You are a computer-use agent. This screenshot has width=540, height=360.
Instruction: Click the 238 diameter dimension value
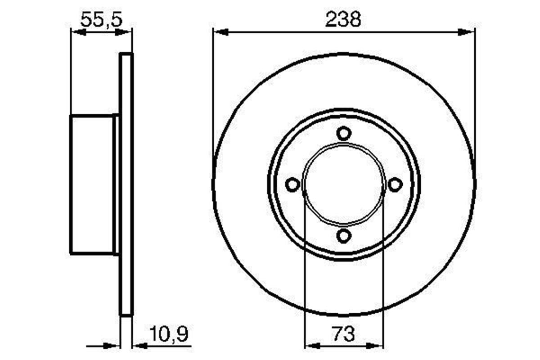(x=344, y=19)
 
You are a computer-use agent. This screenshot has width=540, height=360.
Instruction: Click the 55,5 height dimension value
(x=101, y=19)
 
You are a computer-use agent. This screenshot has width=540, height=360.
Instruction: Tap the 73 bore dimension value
(x=344, y=334)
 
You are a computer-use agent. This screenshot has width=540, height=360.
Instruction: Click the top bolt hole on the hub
(x=344, y=134)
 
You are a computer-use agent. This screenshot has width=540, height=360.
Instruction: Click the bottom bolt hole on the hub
(x=344, y=235)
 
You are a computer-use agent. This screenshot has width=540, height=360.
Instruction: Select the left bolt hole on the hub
(x=293, y=184)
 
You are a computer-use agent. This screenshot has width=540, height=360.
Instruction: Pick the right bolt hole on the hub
(x=395, y=184)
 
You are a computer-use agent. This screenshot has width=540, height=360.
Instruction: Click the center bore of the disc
(x=344, y=184)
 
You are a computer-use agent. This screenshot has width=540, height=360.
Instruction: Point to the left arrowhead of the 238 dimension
(x=220, y=32)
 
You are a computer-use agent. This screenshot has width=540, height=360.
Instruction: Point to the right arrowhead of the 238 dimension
(x=467, y=32)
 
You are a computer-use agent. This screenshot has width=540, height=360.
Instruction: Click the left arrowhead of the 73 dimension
(x=312, y=346)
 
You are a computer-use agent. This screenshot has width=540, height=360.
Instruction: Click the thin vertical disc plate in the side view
(x=126, y=184)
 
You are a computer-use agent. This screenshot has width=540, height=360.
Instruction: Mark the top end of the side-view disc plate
(x=126, y=54)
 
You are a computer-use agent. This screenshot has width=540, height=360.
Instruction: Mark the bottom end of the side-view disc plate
(x=126, y=315)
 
